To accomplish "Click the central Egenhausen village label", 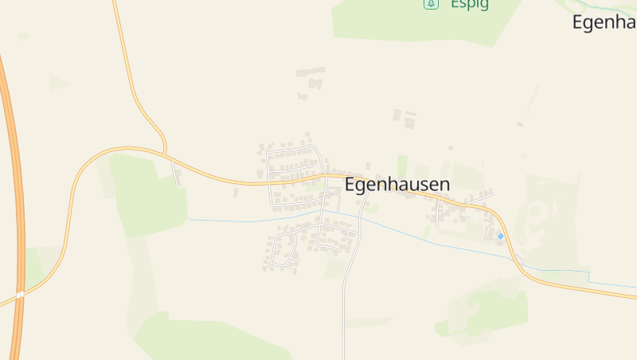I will (397, 184).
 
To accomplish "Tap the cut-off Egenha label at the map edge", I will (604, 22).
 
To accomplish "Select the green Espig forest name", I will (469, 4).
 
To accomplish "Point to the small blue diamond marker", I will (500, 236).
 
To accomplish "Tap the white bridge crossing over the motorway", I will (20, 295).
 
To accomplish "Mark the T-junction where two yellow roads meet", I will (165, 151).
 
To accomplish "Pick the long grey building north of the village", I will (311, 72).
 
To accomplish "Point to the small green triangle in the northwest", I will (57, 81).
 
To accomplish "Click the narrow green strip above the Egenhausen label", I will (402, 165).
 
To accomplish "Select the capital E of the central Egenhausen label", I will (351, 184).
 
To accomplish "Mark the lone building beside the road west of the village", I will (236, 192).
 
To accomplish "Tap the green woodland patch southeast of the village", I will (486, 311).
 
